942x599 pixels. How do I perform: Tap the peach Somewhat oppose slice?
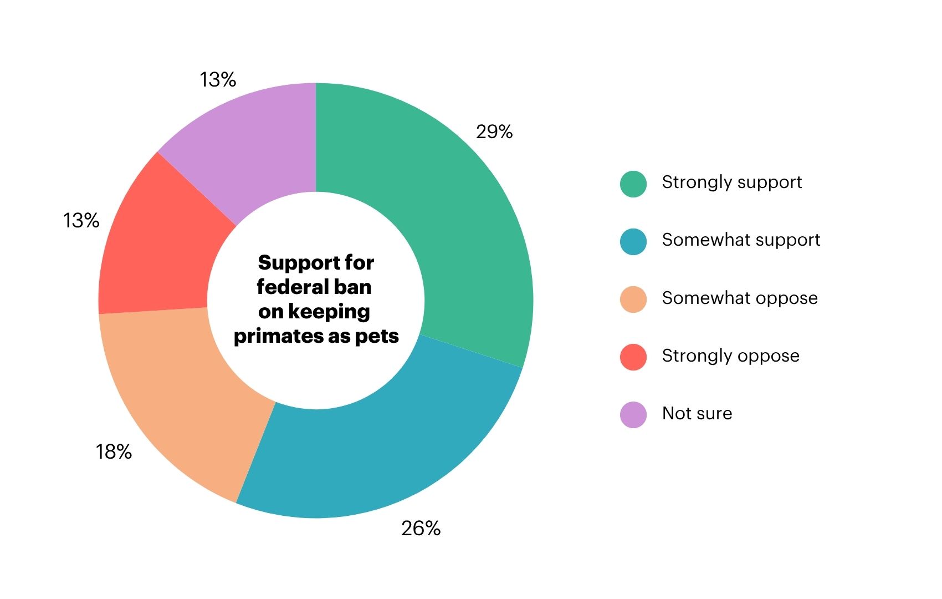click(x=177, y=399)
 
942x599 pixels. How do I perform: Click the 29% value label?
click(x=494, y=132)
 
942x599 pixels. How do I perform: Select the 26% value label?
click(x=421, y=529)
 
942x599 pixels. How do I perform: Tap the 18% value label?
click(x=114, y=452)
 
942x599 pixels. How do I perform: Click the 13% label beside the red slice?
click(x=81, y=221)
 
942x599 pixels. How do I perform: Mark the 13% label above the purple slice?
click(x=218, y=80)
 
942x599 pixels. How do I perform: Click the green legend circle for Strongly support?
click(x=633, y=184)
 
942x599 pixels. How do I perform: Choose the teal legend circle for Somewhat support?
click(x=633, y=242)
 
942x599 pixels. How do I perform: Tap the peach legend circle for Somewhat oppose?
click(x=633, y=299)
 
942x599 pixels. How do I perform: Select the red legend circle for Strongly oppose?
click(x=633, y=357)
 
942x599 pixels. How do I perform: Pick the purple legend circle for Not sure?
click(x=633, y=415)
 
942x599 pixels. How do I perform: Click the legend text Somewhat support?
click(x=741, y=240)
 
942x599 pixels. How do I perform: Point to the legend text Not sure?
click(x=697, y=413)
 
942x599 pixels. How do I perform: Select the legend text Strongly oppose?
click(x=730, y=356)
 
